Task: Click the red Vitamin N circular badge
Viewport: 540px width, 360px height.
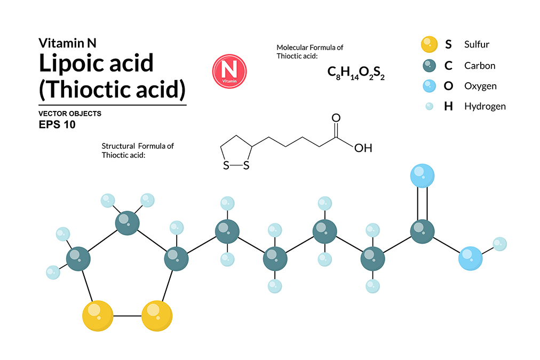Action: pos(229,71)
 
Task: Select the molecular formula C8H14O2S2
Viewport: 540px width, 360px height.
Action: pos(356,73)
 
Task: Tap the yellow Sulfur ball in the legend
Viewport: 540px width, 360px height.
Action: pos(429,44)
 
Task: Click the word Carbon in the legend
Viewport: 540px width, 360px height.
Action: pos(480,66)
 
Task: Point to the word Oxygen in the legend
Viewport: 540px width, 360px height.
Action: pos(480,86)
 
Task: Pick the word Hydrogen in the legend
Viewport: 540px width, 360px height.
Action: pos(485,106)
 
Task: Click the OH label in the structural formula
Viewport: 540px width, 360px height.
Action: pos(363,148)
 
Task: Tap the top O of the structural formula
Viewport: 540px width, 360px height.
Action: pos(336,118)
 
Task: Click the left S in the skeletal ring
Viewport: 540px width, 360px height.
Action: pos(226,165)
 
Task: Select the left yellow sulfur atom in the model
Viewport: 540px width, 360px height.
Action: pos(98,316)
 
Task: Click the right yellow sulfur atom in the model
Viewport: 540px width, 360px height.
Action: pos(157,316)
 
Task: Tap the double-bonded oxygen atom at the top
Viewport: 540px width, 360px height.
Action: pos(422,176)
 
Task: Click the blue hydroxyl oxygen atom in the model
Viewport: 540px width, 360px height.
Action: pos(471,258)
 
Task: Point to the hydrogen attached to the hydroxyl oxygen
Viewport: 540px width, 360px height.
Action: pos(499,244)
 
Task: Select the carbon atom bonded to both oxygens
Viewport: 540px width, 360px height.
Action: pos(422,231)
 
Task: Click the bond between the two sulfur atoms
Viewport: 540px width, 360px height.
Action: pos(128,316)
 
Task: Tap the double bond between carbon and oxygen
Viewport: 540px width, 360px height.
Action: pos(422,204)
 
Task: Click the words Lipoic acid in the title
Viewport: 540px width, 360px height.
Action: pos(96,63)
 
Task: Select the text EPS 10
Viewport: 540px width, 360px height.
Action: pos(57,125)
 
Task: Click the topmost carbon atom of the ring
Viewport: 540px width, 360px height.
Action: pos(128,223)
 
